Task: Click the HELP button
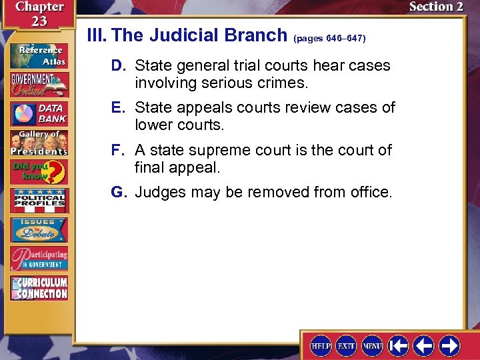click(x=321, y=345)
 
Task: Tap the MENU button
click(x=371, y=345)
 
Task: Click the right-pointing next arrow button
click(x=449, y=345)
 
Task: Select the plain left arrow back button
click(x=424, y=345)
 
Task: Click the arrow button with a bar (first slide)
click(x=399, y=345)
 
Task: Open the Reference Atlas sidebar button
click(x=39, y=56)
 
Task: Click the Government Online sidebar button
click(x=39, y=85)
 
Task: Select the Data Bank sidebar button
click(x=39, y=113)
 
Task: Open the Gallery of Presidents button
click(x=39, y=143)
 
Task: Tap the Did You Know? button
click(x=39, y=171)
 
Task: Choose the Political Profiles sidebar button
click(x=39, y=201)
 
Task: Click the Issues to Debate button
click(x=39, y=230)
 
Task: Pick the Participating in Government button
click(x=39, y=258)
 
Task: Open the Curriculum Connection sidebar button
click(x=39, y=287)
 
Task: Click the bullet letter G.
click(x=119, y=193)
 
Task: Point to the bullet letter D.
click(x=119, y=66)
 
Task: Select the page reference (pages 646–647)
click(x=329, y=39)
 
